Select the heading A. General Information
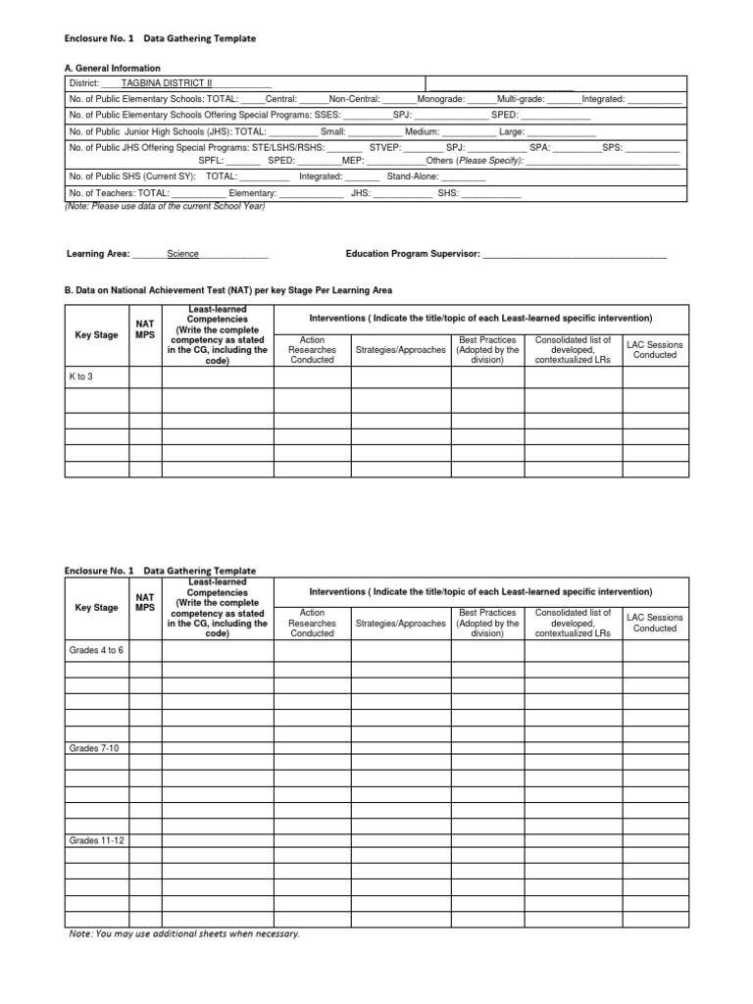112,69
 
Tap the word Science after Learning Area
182,254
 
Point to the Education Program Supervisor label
412,254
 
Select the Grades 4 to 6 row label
96,649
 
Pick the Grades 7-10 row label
90,748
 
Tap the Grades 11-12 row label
96,841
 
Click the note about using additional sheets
183,933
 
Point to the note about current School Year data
165,206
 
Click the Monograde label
439,100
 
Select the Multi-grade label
520,100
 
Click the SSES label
326,115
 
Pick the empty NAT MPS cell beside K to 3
145,376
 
